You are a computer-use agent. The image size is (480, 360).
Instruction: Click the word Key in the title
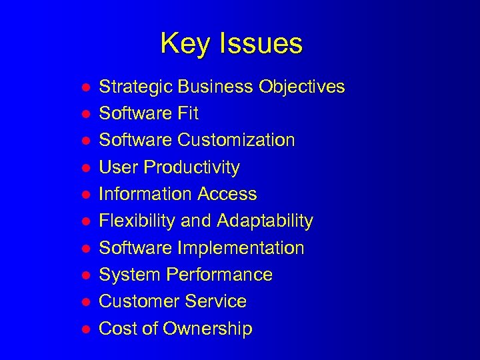[x=182, y=44]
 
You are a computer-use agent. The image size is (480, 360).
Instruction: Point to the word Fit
[x=187, y=113]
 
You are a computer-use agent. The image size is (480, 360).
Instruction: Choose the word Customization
[x=236, y=140]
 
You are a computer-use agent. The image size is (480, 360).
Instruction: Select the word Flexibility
[x=137, y=221]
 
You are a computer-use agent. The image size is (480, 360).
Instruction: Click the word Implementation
[x=241, y=248]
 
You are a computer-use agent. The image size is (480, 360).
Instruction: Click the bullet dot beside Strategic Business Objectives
[x=85, y=87]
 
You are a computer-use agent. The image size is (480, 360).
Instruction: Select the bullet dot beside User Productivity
[x=85, y=167]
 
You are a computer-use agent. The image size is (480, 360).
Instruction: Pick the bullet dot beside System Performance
[x=85, y=275]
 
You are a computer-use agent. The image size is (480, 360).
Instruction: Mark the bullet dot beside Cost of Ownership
[x=85, y=329]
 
